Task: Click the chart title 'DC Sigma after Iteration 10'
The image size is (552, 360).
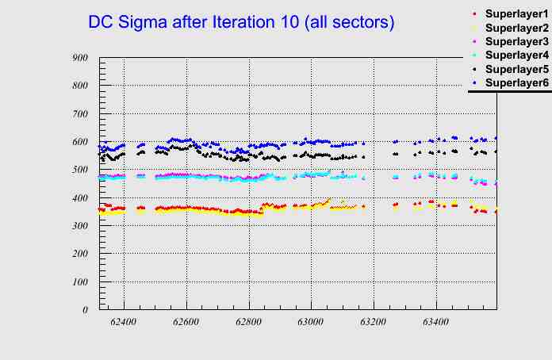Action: (241, 23)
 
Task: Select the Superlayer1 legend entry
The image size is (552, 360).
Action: (516, 14)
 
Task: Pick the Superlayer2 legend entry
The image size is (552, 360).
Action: (516, 28)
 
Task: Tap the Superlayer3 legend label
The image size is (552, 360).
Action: (516, 41)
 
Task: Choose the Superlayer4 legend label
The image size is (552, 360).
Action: (516, 55)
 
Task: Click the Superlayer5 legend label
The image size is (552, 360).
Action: (516, 69)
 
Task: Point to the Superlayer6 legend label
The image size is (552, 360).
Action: (516, 82)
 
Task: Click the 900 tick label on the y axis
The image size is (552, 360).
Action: (79, 57)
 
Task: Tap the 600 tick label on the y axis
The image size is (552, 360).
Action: (79, 141)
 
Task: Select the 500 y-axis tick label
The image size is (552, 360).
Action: (79, 170)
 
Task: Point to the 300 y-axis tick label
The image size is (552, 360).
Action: (79, 226)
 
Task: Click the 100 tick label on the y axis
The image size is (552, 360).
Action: (79, 282)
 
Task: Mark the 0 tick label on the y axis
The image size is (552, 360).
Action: (85, 310)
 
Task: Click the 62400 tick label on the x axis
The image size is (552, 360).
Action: (124, 323)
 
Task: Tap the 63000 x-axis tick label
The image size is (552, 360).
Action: (310, 323)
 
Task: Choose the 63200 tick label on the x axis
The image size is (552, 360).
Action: (373, 323)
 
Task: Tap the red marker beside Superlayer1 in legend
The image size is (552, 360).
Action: (474, 14)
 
